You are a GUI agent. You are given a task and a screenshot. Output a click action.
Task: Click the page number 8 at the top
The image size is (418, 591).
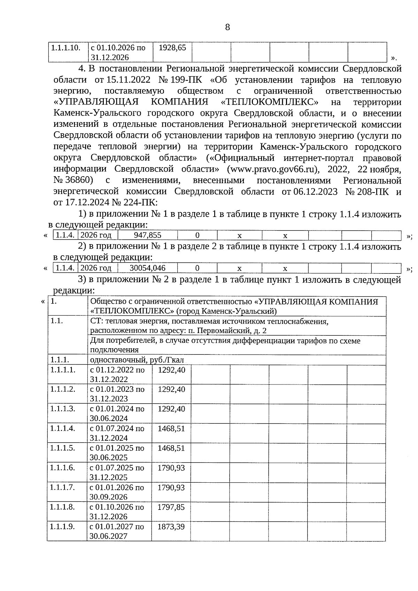[227, 27]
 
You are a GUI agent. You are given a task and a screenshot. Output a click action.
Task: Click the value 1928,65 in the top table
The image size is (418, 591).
[172, 47]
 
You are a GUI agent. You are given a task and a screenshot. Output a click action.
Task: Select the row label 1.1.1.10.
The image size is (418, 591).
[66, 47]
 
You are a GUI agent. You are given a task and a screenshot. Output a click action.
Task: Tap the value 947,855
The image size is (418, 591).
[147, 235]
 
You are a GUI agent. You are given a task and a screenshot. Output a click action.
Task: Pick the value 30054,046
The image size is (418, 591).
[147, 268]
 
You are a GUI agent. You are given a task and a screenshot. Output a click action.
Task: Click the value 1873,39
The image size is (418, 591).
[171, 527]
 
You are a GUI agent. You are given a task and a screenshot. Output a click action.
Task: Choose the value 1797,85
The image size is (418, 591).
[171, 507]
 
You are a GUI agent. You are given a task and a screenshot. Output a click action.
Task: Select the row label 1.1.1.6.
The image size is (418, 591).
[62, 468]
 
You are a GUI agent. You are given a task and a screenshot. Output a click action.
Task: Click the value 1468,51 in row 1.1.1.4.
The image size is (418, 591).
[171, 428]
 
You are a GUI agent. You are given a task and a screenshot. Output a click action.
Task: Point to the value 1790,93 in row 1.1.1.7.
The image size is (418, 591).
[171, 487]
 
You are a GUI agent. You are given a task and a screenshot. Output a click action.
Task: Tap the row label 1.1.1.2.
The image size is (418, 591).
[62, 389]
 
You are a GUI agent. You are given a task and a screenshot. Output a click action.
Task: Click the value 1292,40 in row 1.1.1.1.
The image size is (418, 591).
[171, 370]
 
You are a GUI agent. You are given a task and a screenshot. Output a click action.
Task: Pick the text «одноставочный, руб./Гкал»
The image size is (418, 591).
[137, 360]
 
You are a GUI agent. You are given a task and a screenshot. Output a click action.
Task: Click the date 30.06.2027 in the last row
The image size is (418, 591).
[109, 536]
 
